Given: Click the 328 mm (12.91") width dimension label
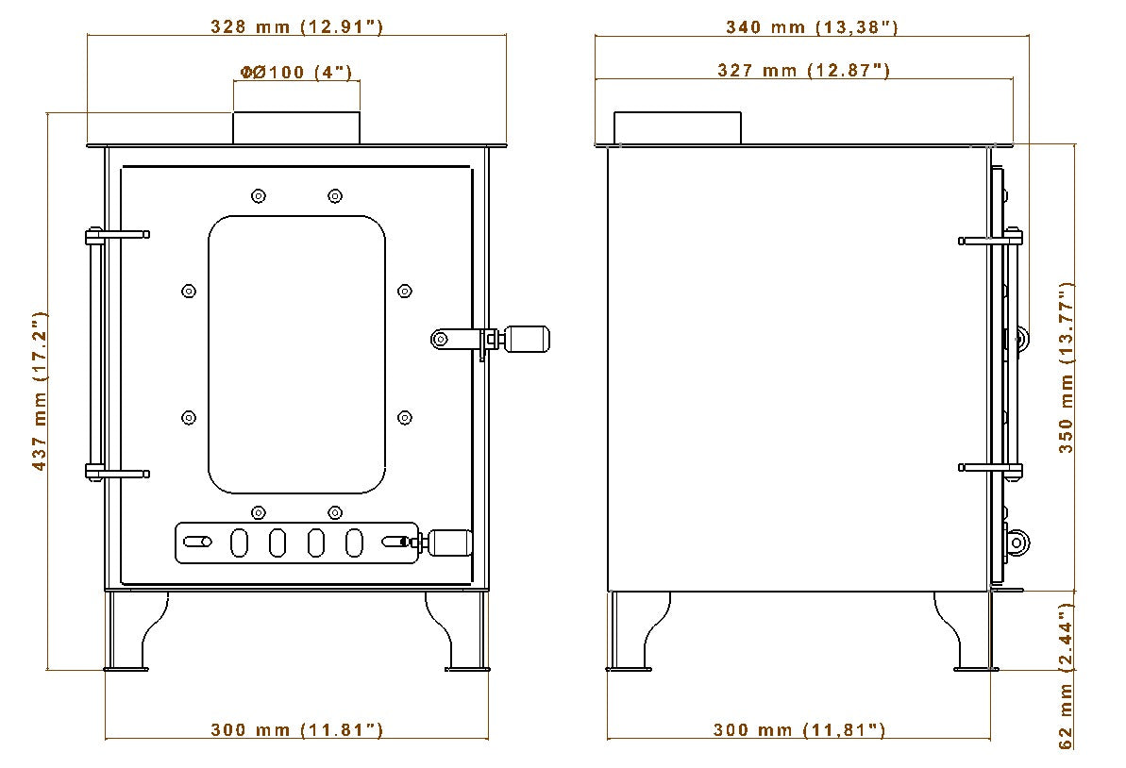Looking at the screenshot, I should click(295, 26).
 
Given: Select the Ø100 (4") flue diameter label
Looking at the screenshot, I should click(295, 73).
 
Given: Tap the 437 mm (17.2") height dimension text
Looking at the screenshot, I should click(39, 392).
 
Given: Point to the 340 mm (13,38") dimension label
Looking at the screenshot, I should click(812, 26).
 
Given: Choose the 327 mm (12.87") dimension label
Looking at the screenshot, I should click(803, 70).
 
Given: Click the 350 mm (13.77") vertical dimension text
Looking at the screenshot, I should click(1067, 368).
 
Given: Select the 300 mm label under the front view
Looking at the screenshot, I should click(295, 729).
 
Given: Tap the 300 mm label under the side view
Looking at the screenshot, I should click(798, 729).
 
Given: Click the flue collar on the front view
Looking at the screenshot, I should click(296, 128).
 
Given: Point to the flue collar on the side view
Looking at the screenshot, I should click(678, 128).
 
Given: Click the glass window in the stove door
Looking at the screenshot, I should click(296, 355).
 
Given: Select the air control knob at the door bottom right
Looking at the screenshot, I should click(451, 543).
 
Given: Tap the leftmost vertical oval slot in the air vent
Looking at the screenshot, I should click(240, 543).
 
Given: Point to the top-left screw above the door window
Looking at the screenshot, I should click(258, 196).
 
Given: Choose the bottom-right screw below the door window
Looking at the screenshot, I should click(334, 512).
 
